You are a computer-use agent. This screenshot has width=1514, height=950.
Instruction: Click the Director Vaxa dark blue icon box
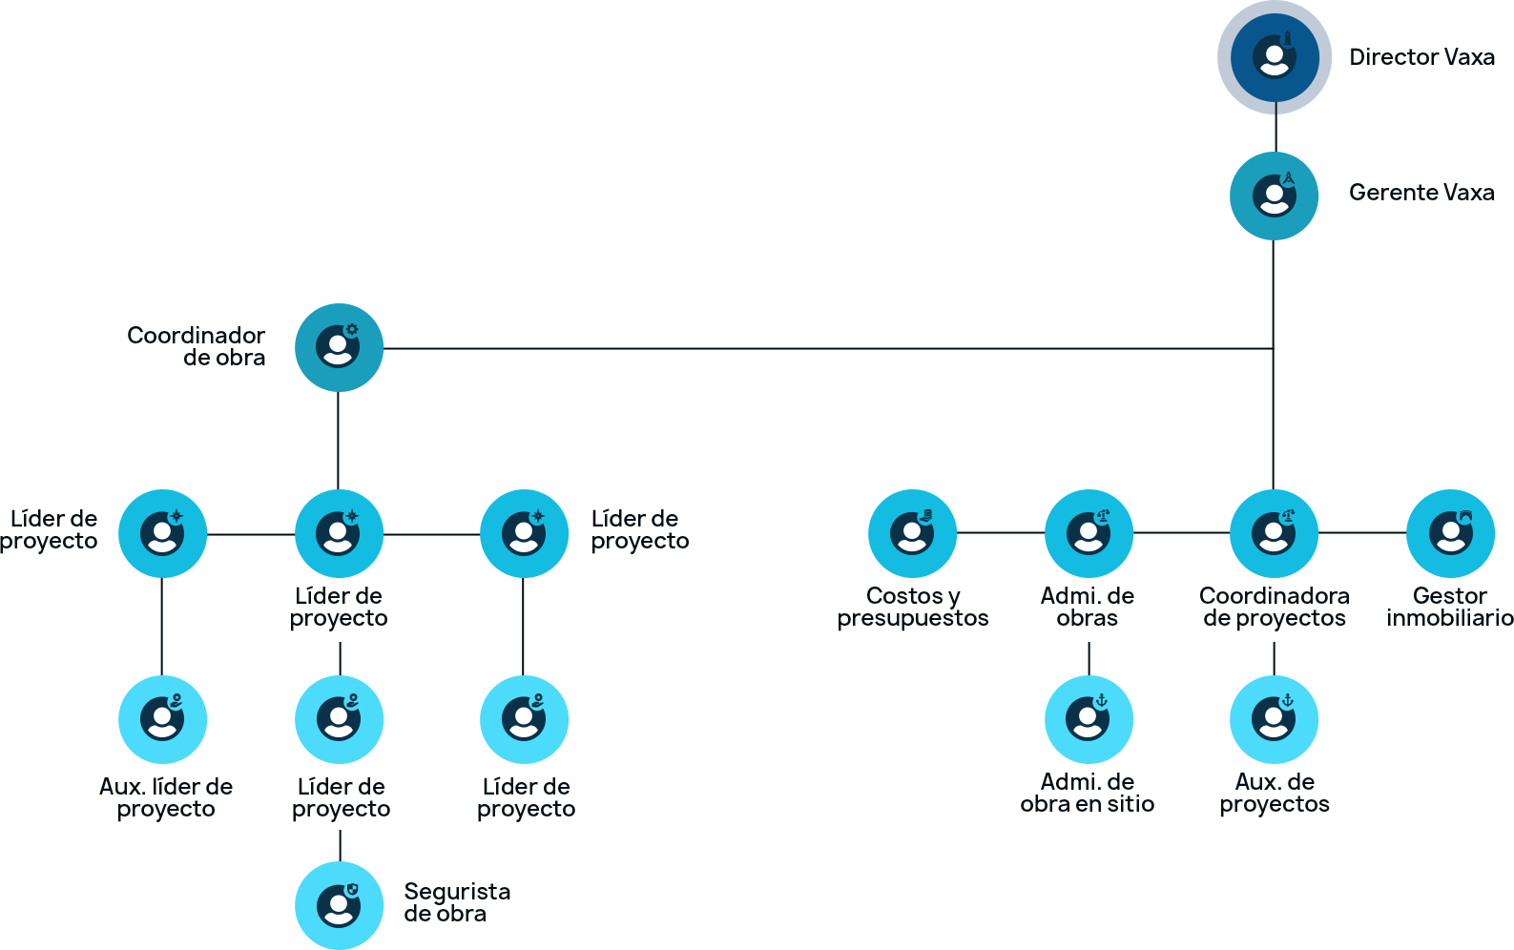click(x=1275, y=57)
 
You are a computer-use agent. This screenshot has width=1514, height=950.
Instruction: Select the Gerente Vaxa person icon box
click(x=1275, y=196)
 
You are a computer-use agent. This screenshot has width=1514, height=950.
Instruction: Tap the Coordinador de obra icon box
click(x=340, y=347)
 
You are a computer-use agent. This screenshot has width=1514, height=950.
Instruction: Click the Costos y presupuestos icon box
click(x=913, y=533)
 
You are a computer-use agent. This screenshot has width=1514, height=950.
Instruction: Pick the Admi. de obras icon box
click(x=1089, y=533)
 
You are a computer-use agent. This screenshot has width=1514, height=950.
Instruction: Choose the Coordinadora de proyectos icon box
click(x=1275, y=533)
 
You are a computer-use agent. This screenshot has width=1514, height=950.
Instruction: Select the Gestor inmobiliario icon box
click(x=1451, y=533)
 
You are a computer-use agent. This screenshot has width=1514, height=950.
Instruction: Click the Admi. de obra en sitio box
click(x=1089, y=719)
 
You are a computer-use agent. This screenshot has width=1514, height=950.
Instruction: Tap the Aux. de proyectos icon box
click(x=1275, y=719)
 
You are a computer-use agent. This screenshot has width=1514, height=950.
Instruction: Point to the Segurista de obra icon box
click(x=340, y=904)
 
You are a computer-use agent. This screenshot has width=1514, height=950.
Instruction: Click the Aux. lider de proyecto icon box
click(x=163, y=719)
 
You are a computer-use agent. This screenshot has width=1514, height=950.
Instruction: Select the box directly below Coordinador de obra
click(x=340, y=533)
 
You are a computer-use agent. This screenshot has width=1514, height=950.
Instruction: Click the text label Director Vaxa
click(x=1421, y=57)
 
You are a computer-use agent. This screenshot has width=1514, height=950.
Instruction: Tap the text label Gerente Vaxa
click(x=1421, y=193)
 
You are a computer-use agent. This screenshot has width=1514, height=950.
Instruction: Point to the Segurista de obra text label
click(x=456, y=902)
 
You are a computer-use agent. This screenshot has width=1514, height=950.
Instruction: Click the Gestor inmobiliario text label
click(x=1450, y=608)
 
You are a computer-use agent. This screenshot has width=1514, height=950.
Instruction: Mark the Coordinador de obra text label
click(x=198, y=346)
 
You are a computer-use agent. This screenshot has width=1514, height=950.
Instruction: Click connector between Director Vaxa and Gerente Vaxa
click(x=1275, y=133)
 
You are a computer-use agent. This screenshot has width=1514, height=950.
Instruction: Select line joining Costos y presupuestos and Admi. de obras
click(x=1001, y=533)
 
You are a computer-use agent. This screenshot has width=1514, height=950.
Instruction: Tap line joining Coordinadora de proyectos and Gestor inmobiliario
click(x=1362, y=533)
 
